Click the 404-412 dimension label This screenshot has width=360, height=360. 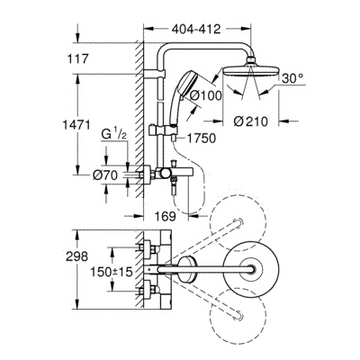coord(196,29)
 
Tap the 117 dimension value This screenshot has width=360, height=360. coord(76,58)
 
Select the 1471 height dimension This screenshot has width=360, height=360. coord(76,124)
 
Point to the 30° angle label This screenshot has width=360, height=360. coord(292,78)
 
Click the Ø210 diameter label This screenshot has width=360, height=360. coord(250,121)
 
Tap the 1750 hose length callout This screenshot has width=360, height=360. coord(202,139)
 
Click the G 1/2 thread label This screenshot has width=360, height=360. coord(114,135)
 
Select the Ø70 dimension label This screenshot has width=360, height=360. coord(105,175)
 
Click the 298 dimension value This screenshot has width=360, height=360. coord(77,256)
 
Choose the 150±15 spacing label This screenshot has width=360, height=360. coord(112,272)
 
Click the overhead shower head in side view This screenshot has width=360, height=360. coord(250,68)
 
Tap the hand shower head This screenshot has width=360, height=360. coord(187,83)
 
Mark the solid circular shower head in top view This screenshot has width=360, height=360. coord(251,268)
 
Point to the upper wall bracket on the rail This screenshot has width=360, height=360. coord(154,75)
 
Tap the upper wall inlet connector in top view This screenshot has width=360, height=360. coord(148,248)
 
